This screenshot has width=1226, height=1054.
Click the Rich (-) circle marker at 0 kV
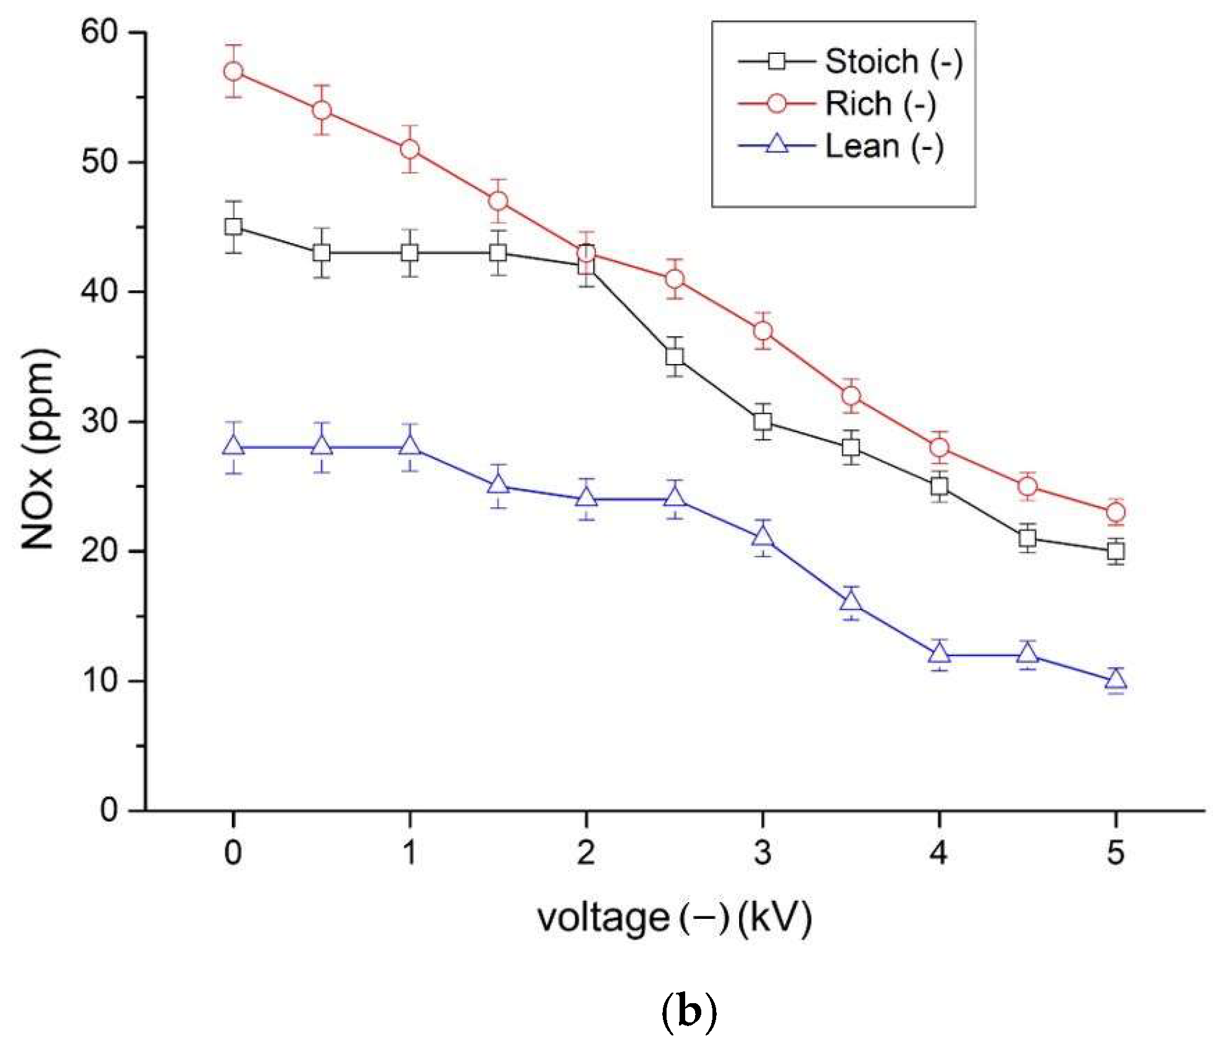(233, 71)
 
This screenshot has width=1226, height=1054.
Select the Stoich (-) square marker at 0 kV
(233, 227)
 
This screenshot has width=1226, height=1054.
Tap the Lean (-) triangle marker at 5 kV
(1116, 680)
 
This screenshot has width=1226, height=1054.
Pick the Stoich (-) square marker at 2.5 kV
(675, 356)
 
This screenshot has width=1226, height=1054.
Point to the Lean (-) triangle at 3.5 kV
(851, 601)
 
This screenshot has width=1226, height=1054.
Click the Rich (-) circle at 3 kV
(763, 330)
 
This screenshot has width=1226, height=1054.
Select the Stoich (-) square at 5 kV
(1116, 551)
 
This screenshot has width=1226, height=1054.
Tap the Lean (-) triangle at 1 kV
(409, 446)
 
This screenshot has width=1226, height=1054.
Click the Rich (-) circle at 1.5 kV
(498, 201)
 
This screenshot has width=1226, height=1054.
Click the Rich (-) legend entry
(836, 104)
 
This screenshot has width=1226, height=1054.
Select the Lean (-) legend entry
(841, 146)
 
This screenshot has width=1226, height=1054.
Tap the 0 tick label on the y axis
(109, 810)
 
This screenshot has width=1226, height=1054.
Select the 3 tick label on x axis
(763, 853)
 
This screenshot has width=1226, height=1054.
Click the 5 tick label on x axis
(1115, 853)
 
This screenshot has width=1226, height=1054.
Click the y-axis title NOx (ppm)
(39, 449)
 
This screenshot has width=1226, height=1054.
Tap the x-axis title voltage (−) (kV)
(674, 918)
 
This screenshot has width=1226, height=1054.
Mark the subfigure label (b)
(689, 1011)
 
